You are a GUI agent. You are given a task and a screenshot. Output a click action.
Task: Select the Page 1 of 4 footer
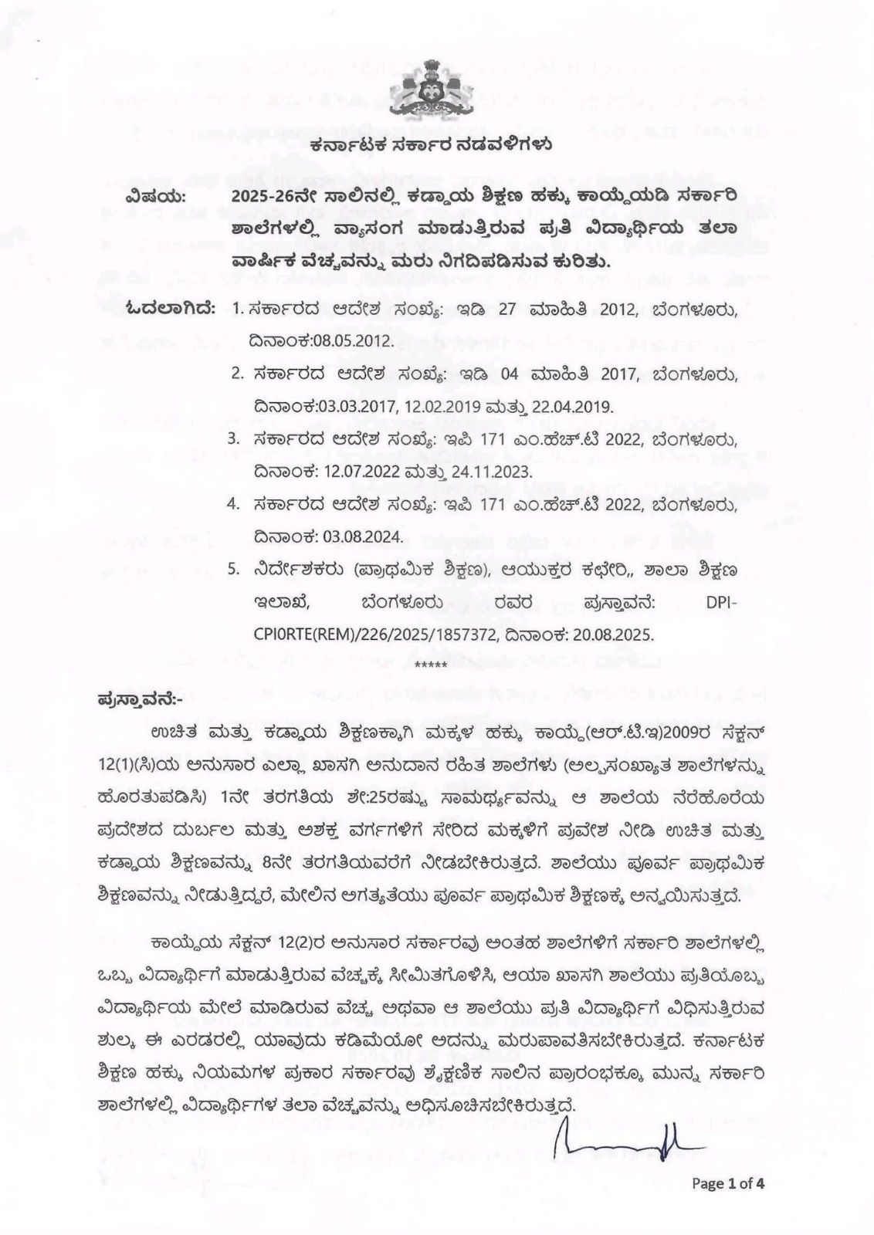(x=727, y=1183)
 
